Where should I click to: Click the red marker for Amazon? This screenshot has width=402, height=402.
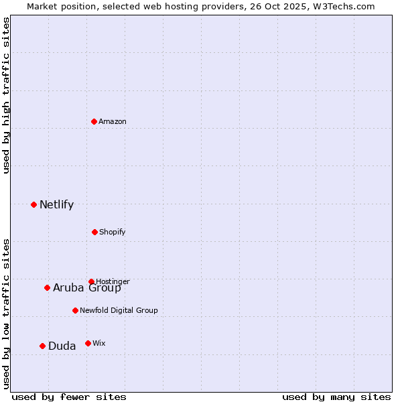click(x=94, y=121)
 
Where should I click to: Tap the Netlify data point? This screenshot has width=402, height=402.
click(x=34, y=204)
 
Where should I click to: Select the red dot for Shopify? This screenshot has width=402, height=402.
click(x=95, y=232)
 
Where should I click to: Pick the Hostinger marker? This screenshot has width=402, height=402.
click(x=92, y=281)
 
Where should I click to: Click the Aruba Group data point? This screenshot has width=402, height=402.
click(x=48, y=287)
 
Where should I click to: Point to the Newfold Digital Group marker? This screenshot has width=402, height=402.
click(x=76, y=310)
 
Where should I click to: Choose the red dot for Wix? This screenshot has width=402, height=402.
click(x=88, y=343)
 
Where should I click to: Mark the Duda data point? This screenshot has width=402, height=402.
click(x=43, y=346)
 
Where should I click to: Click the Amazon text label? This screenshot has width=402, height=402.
click(x=113, y=121)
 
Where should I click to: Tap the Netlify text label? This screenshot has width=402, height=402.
click(x=56, y=205)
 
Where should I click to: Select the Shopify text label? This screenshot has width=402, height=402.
click(x=113, y=232)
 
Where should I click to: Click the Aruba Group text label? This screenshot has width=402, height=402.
click(x=87, y=288)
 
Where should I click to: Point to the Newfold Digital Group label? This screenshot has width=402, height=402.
click(x=119, y=310)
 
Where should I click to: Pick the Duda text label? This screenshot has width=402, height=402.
click(x=62, y=346)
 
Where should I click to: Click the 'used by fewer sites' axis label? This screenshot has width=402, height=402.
click(x=69, y=397)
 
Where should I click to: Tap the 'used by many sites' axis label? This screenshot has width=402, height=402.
click(x=336, y=397)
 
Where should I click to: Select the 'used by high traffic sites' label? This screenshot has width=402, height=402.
click(x=6, y=95)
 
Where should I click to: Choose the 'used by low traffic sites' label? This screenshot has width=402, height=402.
click(x=6, y=313)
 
